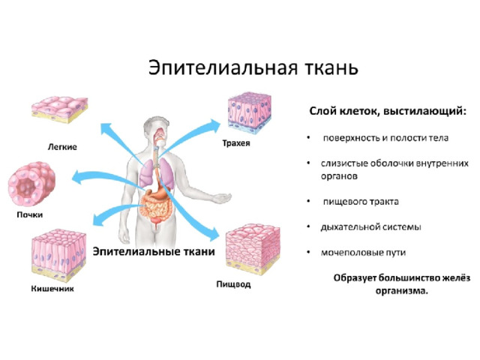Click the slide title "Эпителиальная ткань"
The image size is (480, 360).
coord(253,68)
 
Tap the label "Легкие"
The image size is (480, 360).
coord(62,147)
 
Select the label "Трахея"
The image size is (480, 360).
coord(236,143)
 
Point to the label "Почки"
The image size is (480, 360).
coord(30,214)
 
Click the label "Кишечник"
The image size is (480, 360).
coord(52,289)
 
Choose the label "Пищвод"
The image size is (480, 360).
coord(233,284)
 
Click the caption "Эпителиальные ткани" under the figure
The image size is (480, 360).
coord(154,252)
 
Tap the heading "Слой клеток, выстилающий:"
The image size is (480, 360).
coord(388,111)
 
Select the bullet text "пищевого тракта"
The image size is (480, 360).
coord(361,202)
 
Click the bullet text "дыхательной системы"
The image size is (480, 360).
coord(370,227)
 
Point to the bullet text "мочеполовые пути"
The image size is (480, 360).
coord(363,253)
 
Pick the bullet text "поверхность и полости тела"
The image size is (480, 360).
coord(385,138)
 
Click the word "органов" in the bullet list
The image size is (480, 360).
coord(339,177)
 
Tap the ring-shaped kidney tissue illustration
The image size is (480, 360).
coord(31,183)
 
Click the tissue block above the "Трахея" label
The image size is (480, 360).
coord(250,113)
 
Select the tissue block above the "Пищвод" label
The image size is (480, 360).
coord(253,250)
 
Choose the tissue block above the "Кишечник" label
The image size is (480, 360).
coord(58,255)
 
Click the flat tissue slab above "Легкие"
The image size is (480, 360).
coord(60,109)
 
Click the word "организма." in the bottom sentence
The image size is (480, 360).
coord(402,291)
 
